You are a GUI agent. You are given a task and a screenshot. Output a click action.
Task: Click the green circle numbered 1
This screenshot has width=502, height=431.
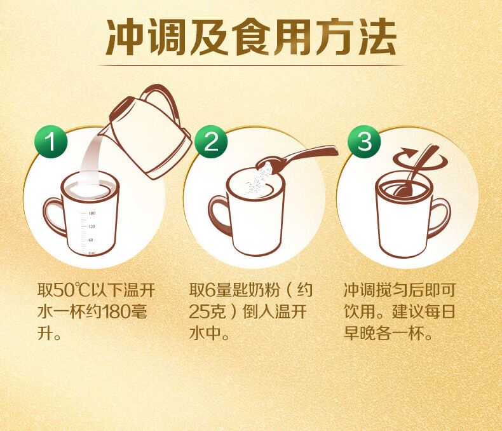pyautogui.click(x=51, y=142)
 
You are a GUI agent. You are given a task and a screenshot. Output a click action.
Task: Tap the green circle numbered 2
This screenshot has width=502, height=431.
pyautogui.click(x=211, y=142)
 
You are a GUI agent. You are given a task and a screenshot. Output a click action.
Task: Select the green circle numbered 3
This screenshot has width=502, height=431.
pyautogui.click(x=364, y=142)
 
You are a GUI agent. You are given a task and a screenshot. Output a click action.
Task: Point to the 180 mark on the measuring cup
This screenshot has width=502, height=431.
pyautogui.click(x=92, y=213)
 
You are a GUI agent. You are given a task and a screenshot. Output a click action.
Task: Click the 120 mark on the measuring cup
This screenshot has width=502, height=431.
pyautogui.click(x=92, y=227)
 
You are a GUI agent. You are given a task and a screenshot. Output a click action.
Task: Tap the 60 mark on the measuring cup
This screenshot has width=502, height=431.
pyautogui.click(x=91, y=240)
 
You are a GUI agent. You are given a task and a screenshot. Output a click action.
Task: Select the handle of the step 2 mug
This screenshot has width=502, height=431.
pyautogui.click(x=218, y=214)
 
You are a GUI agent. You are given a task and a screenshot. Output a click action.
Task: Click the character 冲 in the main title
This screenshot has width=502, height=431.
pyautogui.click(x=125, y=37)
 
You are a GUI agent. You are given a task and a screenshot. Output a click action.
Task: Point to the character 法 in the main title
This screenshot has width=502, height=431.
pyautogui.click(x=378, y=37)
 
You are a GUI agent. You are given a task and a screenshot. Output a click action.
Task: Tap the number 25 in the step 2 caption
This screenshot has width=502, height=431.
pyautogui.click(x=198, y=312)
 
